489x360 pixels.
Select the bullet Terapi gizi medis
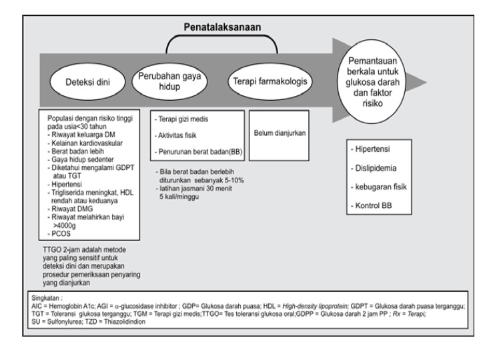click(182, 118)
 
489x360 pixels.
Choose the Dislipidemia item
click(374, 167)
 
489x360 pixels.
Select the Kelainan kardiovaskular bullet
click(81, 143)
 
